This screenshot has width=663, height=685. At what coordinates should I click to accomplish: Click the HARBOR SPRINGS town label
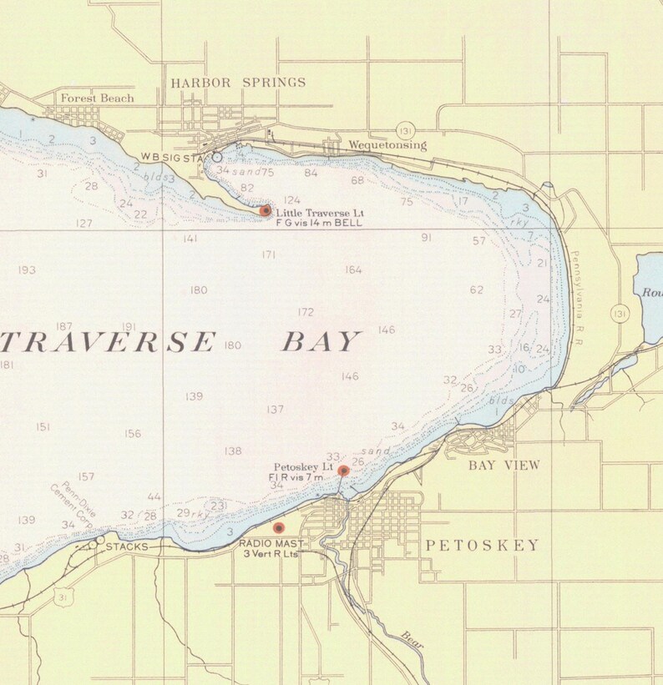(238, 83)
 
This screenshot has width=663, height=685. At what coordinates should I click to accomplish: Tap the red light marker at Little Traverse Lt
(266, 211)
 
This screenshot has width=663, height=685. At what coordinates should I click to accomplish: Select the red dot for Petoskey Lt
(343, 471)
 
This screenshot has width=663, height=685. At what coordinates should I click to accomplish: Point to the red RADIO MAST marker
(279, 528)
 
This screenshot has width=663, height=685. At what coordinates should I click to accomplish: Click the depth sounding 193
(27, 270)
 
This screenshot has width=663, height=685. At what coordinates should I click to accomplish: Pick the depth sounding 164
(353, 270)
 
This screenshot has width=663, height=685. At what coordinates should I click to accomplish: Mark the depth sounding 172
(306, 313)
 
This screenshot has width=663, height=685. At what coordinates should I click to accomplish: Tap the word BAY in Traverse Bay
(321, 342)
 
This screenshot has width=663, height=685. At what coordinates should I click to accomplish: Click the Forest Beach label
(97, 98)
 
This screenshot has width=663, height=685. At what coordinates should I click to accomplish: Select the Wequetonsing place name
(387, 145)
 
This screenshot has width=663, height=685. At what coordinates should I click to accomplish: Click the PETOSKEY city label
(483, 546)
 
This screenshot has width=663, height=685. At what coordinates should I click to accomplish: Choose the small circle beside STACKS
(100, 541)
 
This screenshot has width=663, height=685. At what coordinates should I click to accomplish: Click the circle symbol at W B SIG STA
(217, 157)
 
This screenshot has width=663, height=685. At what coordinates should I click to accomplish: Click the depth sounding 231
(219, 506)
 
